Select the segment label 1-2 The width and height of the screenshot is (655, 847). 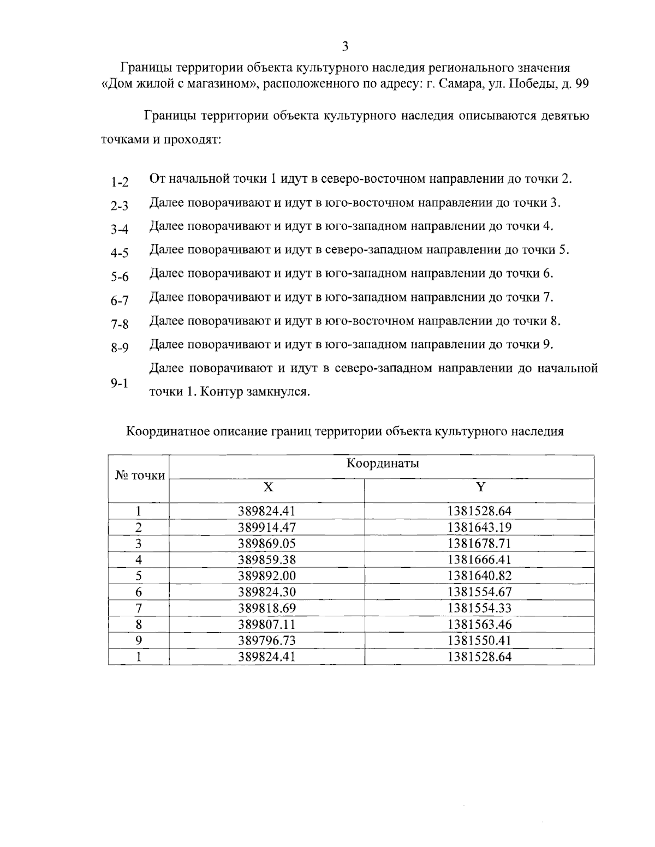coord(119,182)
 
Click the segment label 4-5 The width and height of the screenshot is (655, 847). coord(119,253)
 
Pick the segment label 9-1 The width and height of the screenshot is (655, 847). coord(119,383)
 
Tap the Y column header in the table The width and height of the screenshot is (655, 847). coord(479,488)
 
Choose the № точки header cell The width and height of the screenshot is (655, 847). coord(139,476)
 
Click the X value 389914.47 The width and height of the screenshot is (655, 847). coord(266,527)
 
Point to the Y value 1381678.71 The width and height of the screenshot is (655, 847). coord(479,544)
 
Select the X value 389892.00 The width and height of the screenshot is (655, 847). coord(266,576)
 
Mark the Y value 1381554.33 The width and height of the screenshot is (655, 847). coord(479,608)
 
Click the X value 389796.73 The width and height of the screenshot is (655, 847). coord(266,640)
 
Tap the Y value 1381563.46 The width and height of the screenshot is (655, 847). coord(479,624)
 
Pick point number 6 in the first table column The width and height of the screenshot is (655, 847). coord(139,592)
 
